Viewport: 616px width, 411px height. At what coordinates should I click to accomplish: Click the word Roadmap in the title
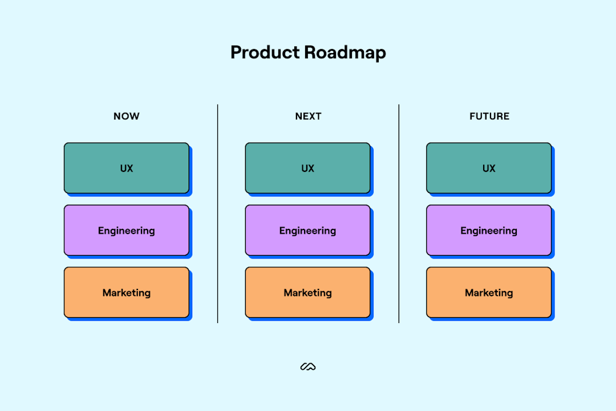point(345,53)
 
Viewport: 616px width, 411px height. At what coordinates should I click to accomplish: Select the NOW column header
point(127,116)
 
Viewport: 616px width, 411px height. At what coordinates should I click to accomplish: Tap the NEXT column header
point(308,116)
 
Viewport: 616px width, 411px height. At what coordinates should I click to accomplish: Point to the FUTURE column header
point(489,116)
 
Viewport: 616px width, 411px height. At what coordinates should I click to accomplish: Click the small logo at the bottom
point(308,366)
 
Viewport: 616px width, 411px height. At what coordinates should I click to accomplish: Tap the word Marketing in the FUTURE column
point(489,293)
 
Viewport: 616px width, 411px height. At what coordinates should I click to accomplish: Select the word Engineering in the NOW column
point(127,231)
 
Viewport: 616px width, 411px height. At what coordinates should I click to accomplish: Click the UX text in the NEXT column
point(308,168)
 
